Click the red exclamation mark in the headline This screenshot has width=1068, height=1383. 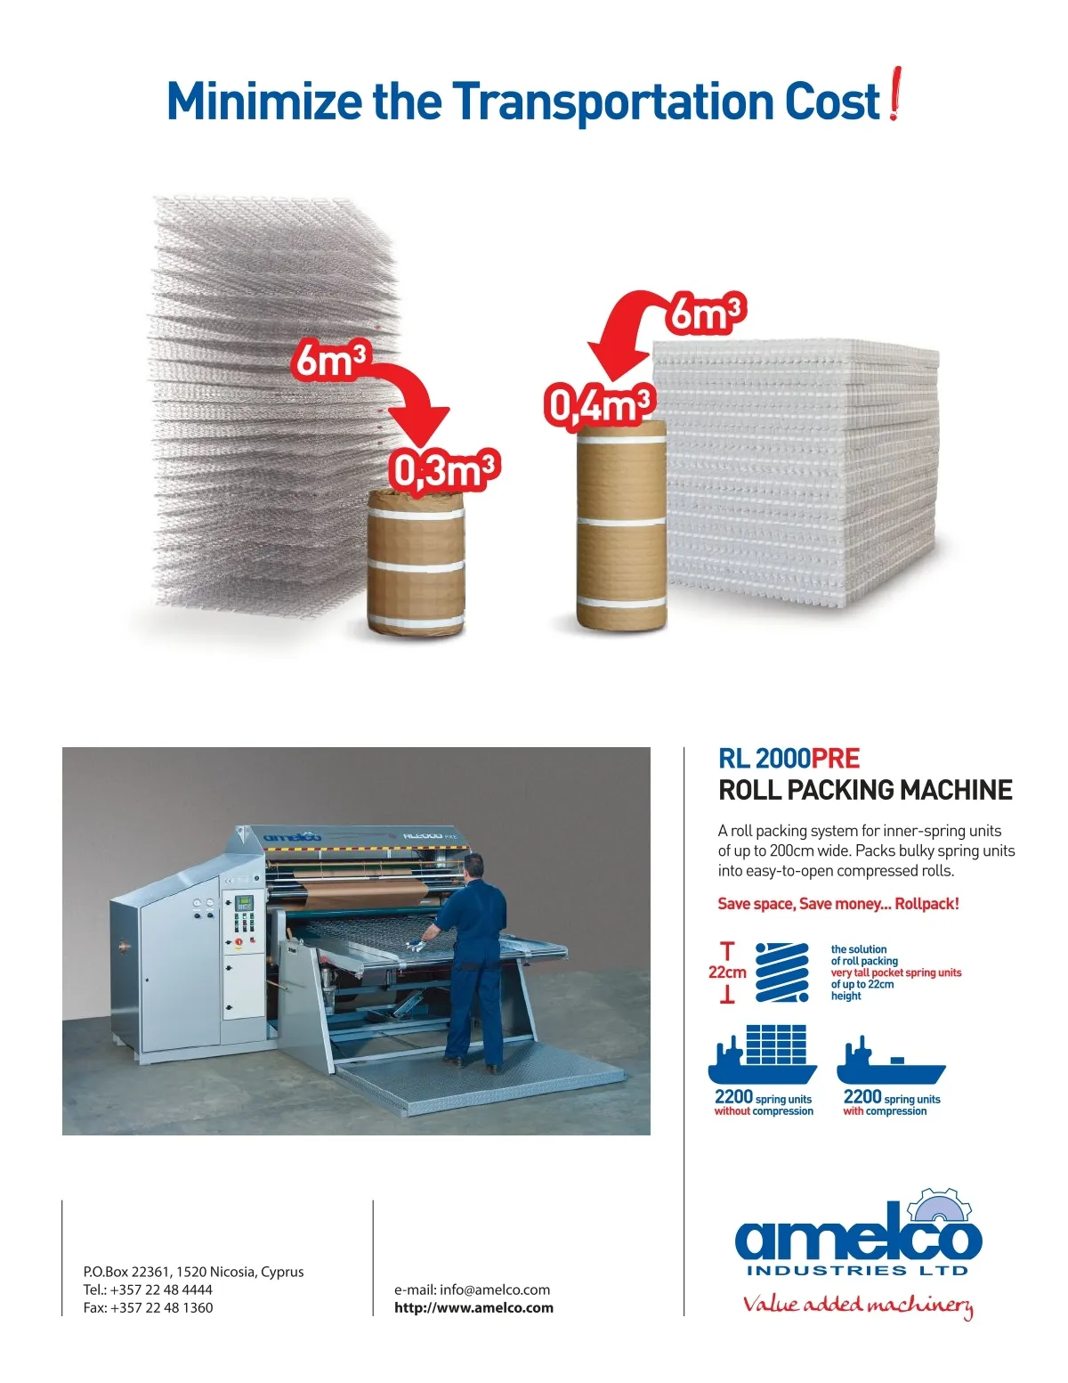coord(895,94)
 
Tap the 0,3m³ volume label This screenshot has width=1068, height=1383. coord(443,470)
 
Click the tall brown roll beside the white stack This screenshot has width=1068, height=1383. coord(621,525)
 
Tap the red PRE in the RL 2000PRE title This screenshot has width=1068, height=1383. coord(835,759)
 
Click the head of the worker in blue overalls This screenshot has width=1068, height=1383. coord(475,866)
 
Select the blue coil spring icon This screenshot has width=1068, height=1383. coord(782,972)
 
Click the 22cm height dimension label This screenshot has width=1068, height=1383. coord(727,972)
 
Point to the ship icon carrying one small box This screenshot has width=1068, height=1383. coord(891,1060)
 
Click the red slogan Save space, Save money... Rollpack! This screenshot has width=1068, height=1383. coord(838,904)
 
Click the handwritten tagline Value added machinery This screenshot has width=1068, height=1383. coord(858,1306)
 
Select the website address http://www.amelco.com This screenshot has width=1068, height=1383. coord(473,1308)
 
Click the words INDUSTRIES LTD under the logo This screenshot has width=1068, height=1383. coord(857,1271)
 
